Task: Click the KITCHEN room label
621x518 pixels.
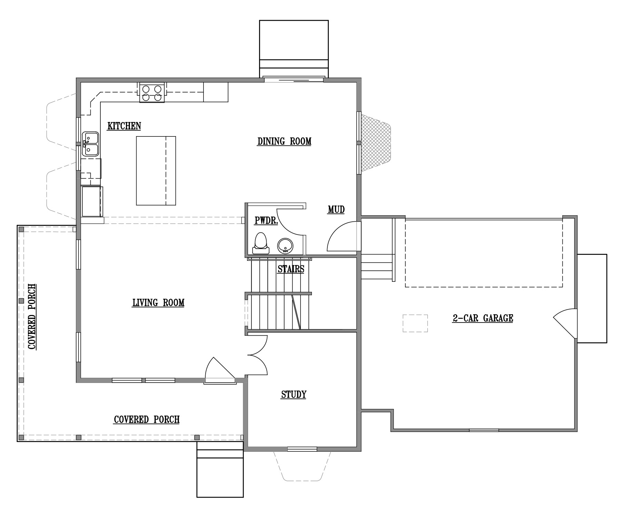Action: click(x=124, y=126)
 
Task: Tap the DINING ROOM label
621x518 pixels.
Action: click(x=284, y=141)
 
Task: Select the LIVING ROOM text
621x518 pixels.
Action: click(x=158, y=303)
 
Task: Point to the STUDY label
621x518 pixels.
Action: click(x=294, y=394)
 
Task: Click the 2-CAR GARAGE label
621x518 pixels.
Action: click(x=483, y=318)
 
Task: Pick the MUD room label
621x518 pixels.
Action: click(x=336, y=210)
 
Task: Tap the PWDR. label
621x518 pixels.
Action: click(x=266, y=221)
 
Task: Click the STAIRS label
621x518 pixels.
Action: click(x=291, y=269)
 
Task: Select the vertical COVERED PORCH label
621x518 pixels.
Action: click(x=32, y=316)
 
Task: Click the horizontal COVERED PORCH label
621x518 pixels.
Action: click(x=147, y=420)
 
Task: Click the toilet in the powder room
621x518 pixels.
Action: click(x=260, y=243)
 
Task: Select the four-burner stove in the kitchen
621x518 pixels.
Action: click(x=152, y=93)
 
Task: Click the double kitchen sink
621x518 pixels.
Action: click(x=90, y=144)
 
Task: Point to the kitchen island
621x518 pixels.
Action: click(x=156, y=171)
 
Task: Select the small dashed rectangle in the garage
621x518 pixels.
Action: click(x=415, y=323)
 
